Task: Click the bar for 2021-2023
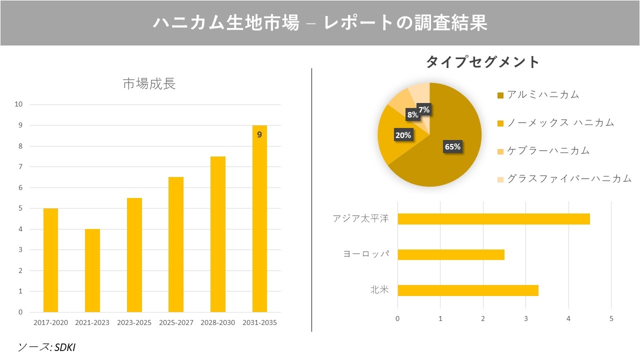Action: click(92, 270)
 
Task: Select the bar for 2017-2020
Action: click(50, 260)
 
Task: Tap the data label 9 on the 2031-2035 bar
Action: click(259, 134)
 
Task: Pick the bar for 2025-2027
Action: click(175, 244)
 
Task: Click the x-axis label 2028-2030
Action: click(217, 323)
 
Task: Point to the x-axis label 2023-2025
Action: click(134, 323)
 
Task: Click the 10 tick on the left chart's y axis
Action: click(19, 104)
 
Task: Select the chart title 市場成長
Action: click(149, 84)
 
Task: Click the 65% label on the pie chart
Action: click(452, 146)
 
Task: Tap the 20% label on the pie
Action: click(403, 135)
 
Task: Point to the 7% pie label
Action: click(424, 109)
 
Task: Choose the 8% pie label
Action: click(412, 114)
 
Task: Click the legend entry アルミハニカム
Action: click(542, 94)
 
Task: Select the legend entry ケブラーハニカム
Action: click(548, 150)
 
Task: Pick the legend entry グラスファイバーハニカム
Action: click(569, 178)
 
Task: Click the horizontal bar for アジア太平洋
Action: click(493, 219)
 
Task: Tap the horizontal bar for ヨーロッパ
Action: click(450, 255)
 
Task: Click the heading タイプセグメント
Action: click(482, 62)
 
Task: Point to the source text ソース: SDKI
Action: click(46, 347)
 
